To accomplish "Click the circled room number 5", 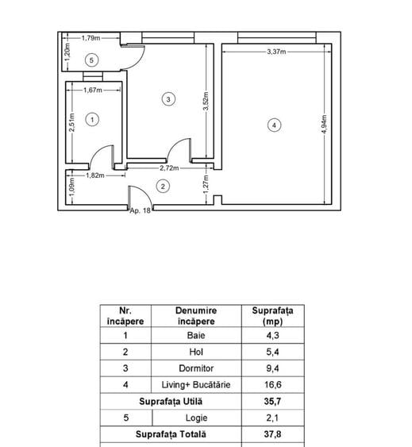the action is click(91, 60).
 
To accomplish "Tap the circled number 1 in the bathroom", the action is click(92, 120).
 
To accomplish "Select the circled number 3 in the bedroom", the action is click(168, 99).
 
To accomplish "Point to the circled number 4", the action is click(275, 125).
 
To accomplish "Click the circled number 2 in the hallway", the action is click(163, 187).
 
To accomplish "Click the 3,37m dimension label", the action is click(276, 52).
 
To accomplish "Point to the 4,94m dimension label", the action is click(324, 124).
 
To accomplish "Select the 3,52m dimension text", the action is click(206, 101).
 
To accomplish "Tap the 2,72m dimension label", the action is click(169, 168).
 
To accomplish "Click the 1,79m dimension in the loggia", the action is click(90, 38).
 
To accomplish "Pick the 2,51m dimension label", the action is click(72, 122).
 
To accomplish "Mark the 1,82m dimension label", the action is click(95, 175).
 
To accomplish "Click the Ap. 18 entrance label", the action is click(140, 210).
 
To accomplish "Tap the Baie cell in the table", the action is click(196, 335).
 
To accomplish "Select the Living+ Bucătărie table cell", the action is click(196, 385).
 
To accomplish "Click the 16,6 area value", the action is click(273, 385).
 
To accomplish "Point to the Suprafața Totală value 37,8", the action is click(273, 434).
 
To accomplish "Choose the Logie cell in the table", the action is click(196, 418).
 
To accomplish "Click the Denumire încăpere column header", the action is click(196, 316).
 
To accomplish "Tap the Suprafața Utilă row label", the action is click(171, 402).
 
